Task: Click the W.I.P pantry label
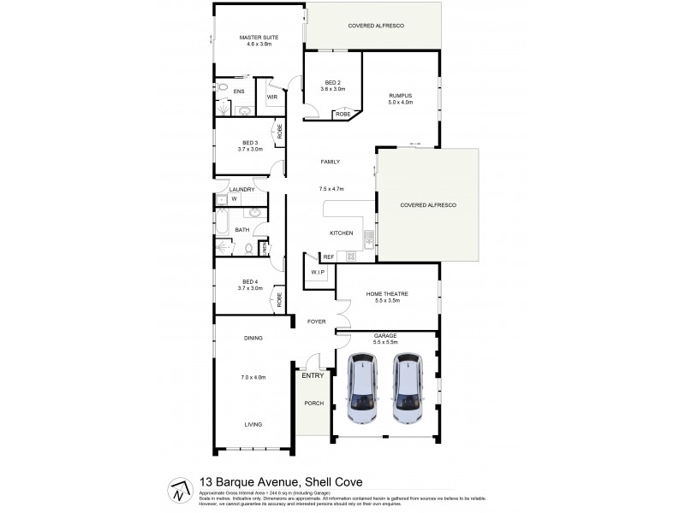coord(316,272)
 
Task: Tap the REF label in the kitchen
coord(328,257)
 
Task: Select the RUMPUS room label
coord(401,95)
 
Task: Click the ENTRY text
coord(313,375)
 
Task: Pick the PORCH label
coord(314,403)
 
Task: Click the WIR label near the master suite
coord(272,97)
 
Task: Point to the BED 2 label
coord(332,82)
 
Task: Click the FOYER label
coord(318,321)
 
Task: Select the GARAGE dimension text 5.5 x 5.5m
coord(385,342)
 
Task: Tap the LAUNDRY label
coord(243,189)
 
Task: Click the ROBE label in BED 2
coord(342,114)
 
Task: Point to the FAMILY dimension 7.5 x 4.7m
coord(331,188)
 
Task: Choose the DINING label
coord(253,339)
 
